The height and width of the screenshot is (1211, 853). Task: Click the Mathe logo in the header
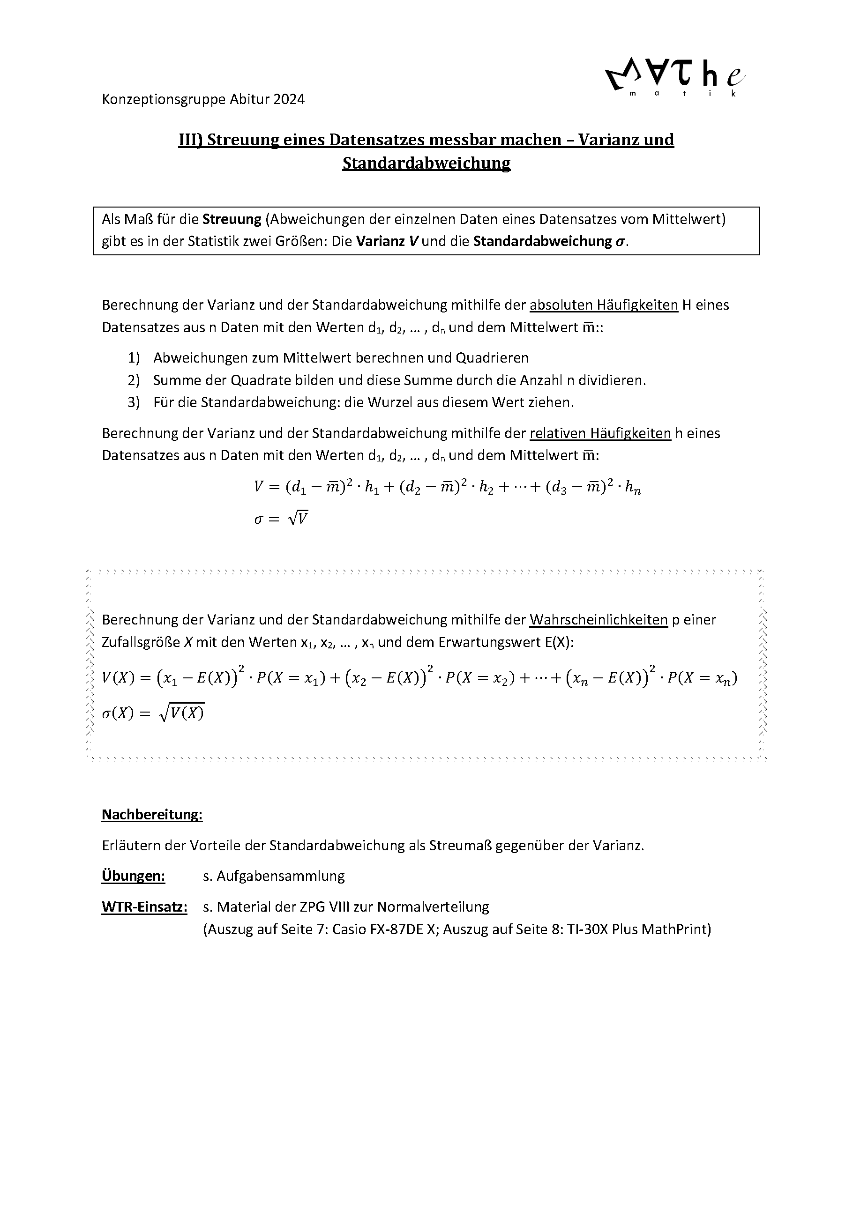[x=675, y=79]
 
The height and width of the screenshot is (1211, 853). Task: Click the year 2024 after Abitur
[x=289, y=99]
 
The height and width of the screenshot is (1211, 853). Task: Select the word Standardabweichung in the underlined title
[x=426, y=163]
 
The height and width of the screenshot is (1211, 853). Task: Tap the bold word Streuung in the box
[x=232, y=219]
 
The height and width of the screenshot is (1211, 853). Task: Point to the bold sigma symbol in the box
[x=621, y=242]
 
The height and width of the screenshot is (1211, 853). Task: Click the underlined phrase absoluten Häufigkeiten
[x=604, y=305]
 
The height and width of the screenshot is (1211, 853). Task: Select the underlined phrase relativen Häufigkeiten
[x=600, y=433]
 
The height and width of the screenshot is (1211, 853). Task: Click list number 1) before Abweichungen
[x=134, y=357]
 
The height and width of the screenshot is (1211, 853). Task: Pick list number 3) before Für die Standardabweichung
[x=134, y=402]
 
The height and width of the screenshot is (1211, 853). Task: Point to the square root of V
[x=298, y=519]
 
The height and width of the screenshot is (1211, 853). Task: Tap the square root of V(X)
[x=181, y=713]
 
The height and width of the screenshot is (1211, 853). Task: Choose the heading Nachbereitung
[x=152, y=814]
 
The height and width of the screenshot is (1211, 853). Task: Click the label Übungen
[x=133, y=876]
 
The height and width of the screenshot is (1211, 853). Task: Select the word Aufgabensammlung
[x=281, y=876]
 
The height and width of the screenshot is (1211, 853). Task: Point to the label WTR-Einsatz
[x=144, y=906]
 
